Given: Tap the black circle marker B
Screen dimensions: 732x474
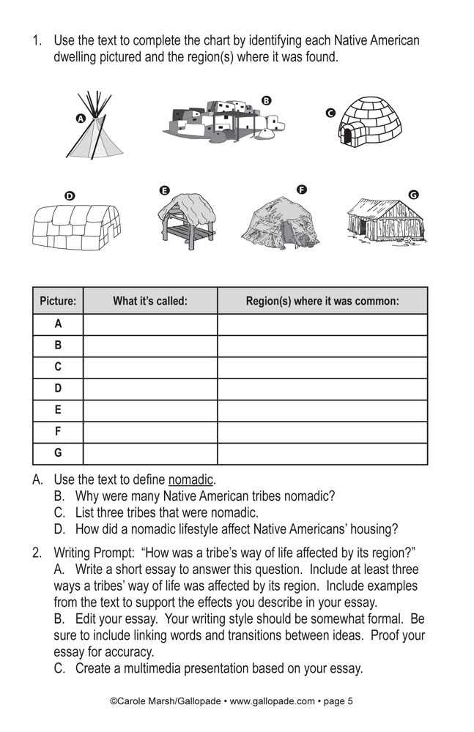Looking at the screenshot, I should (x=266, y=100).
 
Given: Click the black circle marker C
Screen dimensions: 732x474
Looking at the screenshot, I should (x=330, y=113).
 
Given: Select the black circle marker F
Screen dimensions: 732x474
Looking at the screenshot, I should (x=301, y=190).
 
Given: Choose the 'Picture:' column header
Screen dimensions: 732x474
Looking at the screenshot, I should (x=58, y=301).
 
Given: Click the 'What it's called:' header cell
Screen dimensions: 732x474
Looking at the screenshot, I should (x=150, y=301).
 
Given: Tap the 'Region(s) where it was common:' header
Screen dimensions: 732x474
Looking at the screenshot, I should (x=322, y=301).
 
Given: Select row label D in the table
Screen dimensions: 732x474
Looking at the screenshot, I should (x=58, y=389).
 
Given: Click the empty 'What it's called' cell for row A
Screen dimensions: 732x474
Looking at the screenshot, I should (x=150, y=324).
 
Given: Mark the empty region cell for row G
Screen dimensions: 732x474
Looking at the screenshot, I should (x=322, y=454).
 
